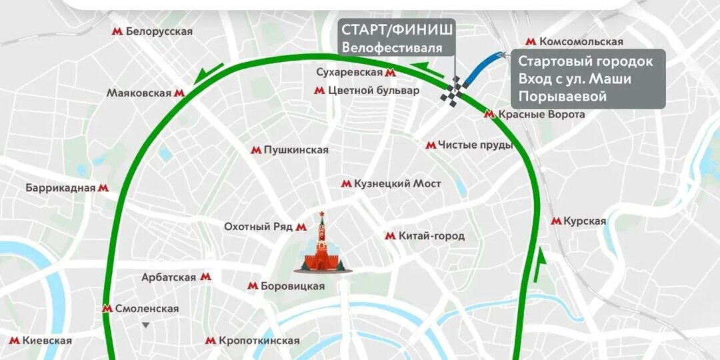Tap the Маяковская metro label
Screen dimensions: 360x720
click(139, 93)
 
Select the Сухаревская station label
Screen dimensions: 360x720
click(352, 72)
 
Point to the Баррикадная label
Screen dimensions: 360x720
click(61, 188)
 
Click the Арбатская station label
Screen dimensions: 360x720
click(169, 277)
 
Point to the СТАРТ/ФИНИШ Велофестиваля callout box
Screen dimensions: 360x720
click(397, 37)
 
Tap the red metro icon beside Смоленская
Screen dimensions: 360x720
click(107, 309)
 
